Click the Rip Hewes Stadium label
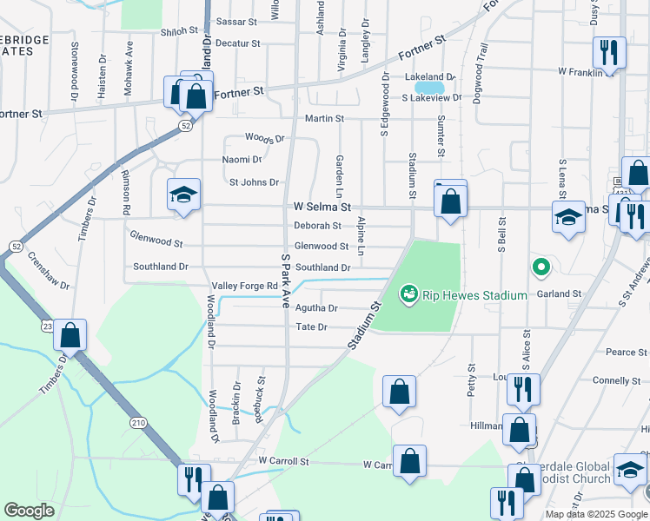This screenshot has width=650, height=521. (474, 295)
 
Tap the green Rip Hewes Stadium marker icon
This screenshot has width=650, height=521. (408, 295)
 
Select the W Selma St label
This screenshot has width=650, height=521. (322, 208)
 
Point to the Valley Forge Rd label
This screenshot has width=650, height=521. (244, 286)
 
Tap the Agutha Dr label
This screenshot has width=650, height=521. (316, 308)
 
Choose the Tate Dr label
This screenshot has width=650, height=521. (311, 327)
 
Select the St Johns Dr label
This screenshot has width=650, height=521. (254, 182)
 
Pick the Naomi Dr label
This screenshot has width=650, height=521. (242, 160)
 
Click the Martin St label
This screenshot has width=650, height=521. (324, 118)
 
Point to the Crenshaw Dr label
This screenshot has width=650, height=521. (48, 272)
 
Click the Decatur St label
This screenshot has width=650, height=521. (238, 43)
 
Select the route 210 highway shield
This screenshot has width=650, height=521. (138, 422)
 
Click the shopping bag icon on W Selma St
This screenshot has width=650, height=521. (451, 202)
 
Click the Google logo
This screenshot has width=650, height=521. (29, 511)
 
